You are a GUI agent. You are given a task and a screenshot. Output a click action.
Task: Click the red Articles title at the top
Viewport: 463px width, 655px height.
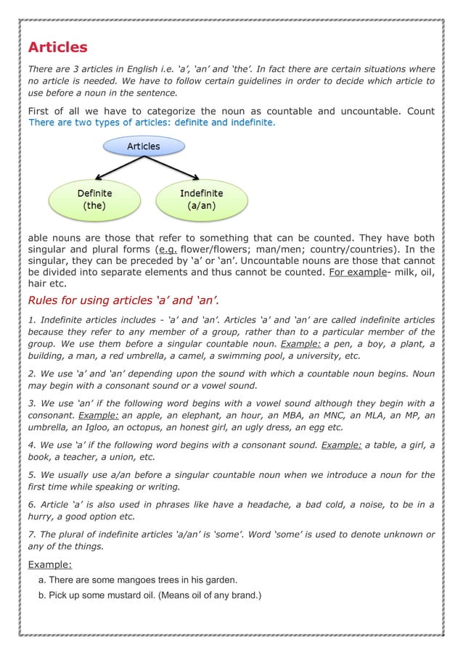[x=57, y=48]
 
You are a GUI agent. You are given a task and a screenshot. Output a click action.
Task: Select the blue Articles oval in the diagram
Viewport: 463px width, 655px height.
[x=143, y=147]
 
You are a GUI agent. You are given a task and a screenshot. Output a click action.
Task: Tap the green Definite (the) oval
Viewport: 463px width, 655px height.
[x=94, y=199]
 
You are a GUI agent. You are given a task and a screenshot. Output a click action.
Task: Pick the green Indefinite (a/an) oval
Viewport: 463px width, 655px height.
[x=201, y=199]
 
